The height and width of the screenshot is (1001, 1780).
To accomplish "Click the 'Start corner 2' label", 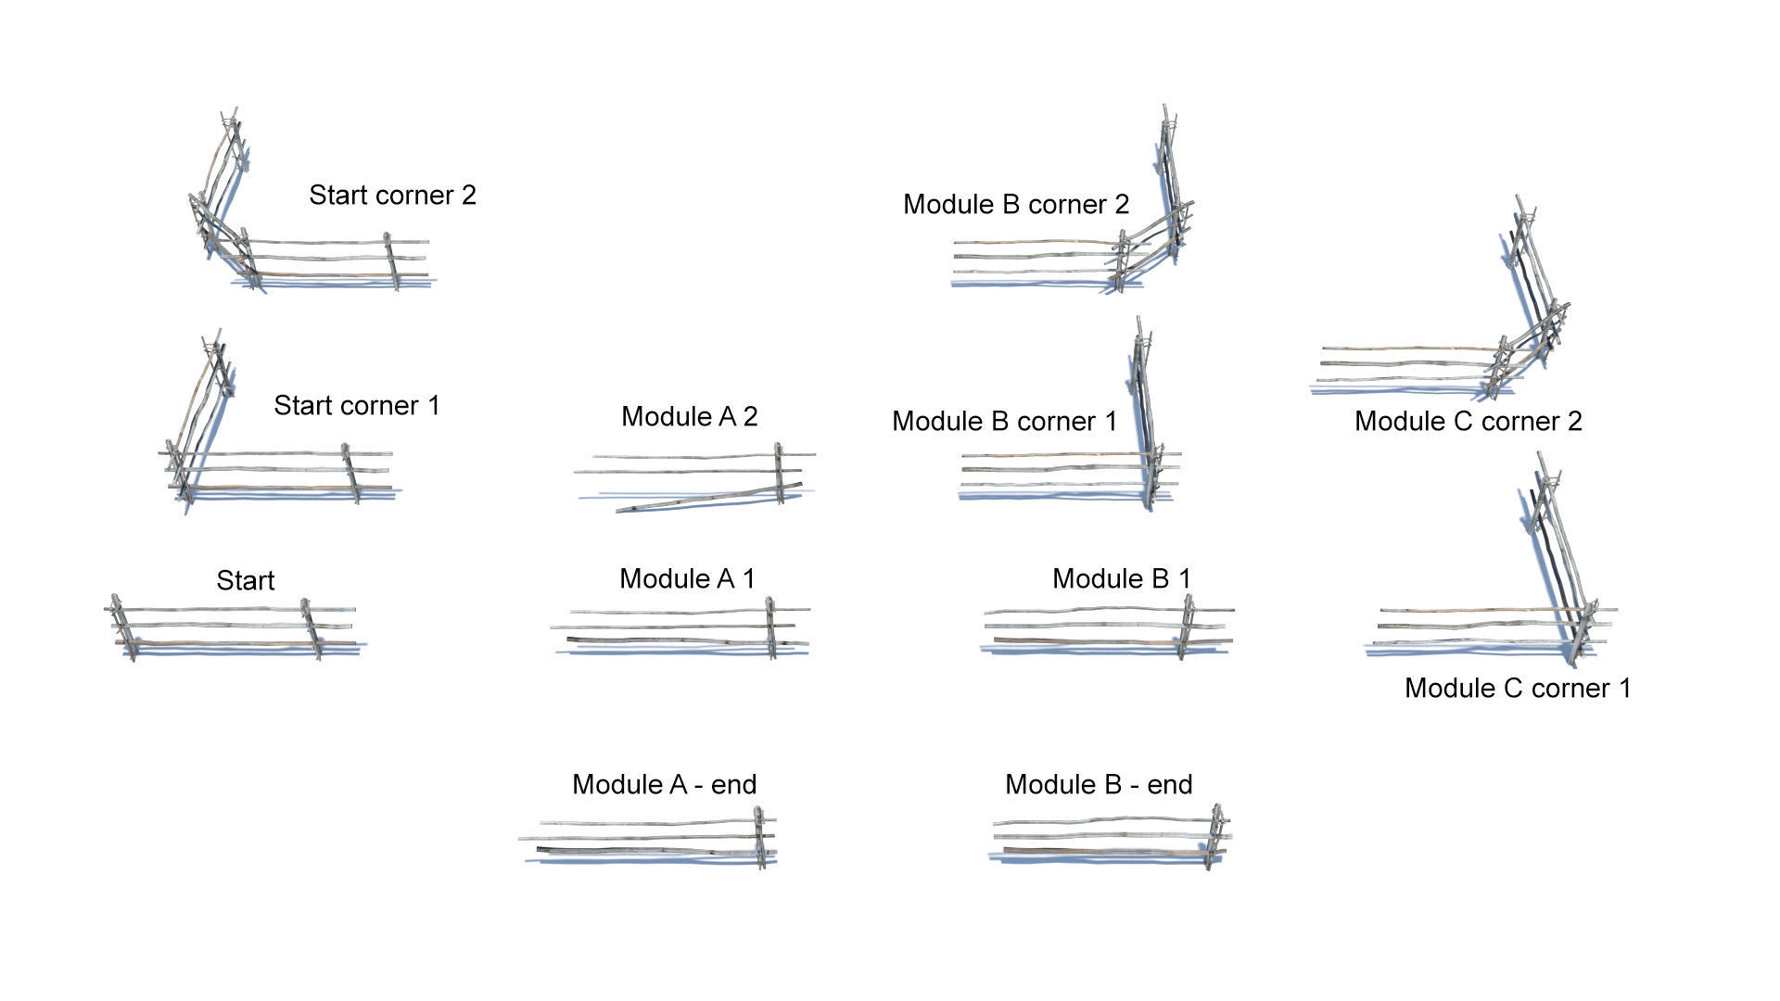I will pyautogui.click(x=392, y=196).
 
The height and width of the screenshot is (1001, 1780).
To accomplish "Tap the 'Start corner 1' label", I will pyautogui.click(x=357, y=406).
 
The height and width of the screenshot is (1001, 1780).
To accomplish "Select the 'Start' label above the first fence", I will pyautogui.click(x=246, y=581).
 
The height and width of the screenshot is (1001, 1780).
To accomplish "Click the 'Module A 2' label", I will pyautogui.click(x=690, y=417).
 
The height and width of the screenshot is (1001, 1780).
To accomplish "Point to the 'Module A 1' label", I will pyautogui.click(x=687, y=579).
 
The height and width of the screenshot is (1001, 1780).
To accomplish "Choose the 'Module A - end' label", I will pyautogui.click(x=664, y=785).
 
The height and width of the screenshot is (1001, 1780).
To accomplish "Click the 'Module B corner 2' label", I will pyautogui.click(x=1016, y=205).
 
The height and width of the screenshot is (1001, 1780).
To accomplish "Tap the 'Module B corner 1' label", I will pyautogui.click(x=1005, y=422).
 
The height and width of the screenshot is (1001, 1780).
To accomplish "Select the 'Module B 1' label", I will pyautogui.click(x=1121, y=579).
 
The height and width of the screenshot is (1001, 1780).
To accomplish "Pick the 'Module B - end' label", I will pyautogui.click(x=1099, y=785).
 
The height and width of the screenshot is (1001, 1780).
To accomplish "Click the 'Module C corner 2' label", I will pyautogui.click(x=1468, y=422).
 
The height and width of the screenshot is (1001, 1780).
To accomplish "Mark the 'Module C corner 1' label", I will pyautogui.click(x=1517, y=689).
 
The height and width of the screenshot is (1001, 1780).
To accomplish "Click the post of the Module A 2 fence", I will pyautogui.click(x=779, y=473).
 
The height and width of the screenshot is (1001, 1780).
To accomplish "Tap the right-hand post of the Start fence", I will pyautogui.click(x=311, y=628).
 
